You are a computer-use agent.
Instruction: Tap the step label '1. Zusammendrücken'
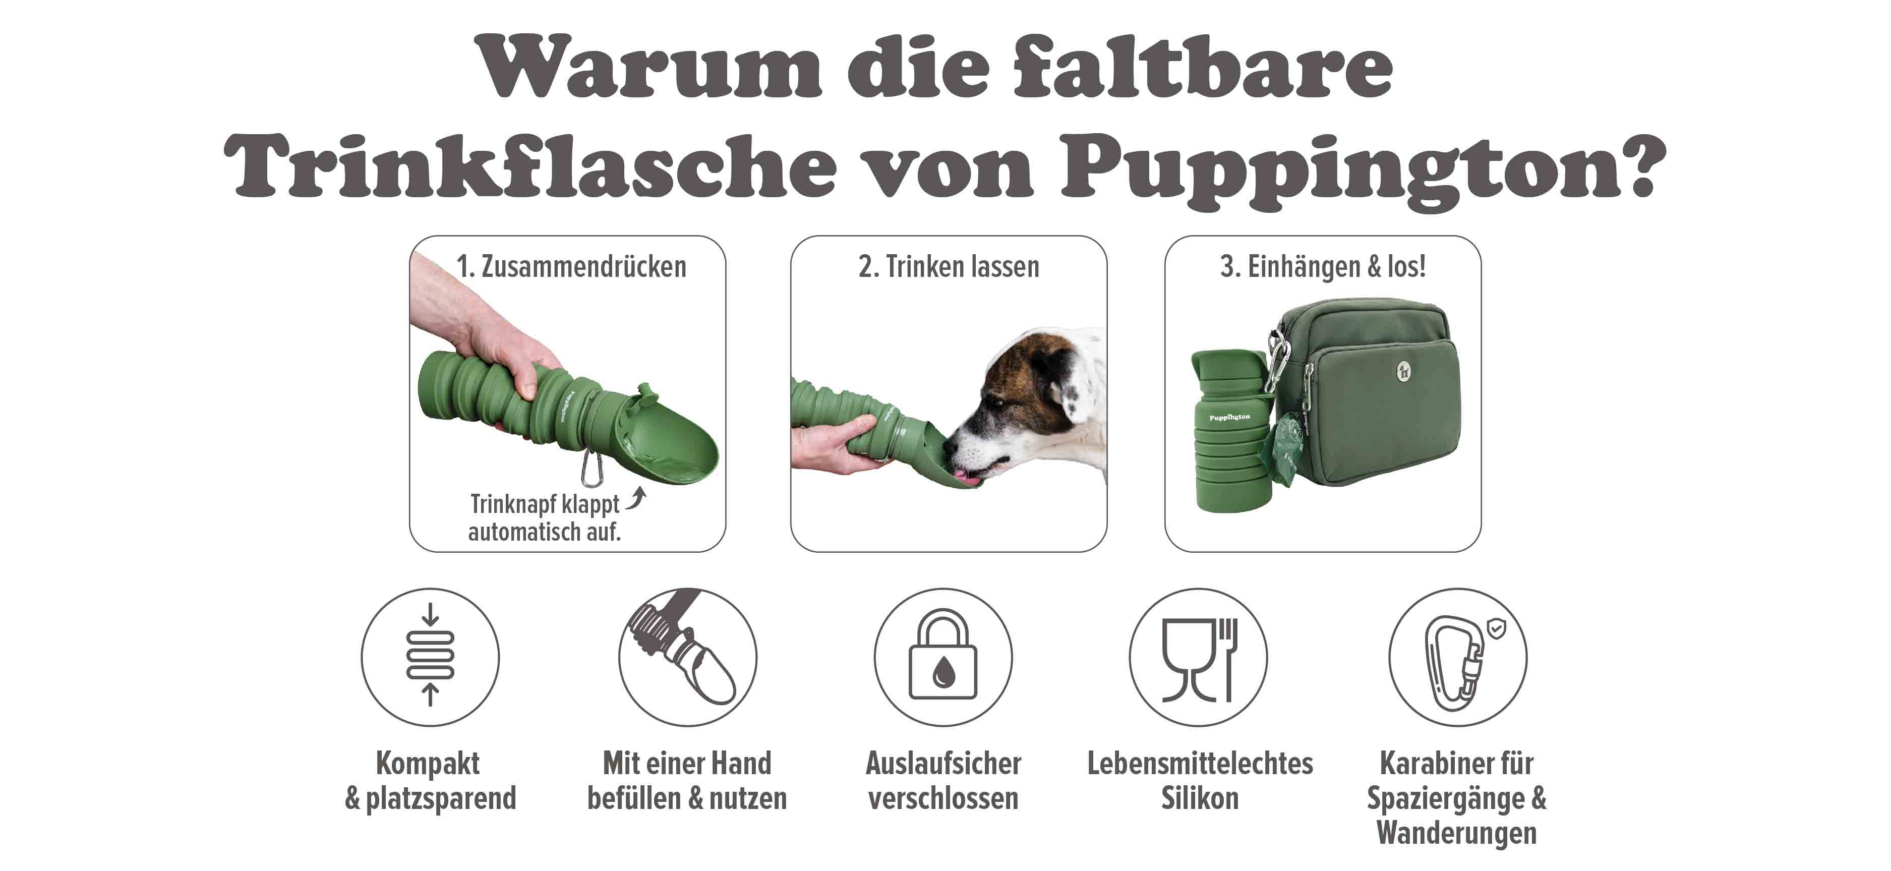tap(571, 266)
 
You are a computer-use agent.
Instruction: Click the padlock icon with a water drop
tap(942, 657)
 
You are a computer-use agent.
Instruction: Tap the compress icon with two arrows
tap(430, 655)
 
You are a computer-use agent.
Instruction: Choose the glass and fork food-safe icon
tap(1199, 659)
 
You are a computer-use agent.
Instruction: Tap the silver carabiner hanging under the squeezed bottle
tap(593, 469)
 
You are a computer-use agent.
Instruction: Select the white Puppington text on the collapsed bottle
tap(1229, 417)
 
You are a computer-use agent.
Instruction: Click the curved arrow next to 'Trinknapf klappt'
tap(636, 499)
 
